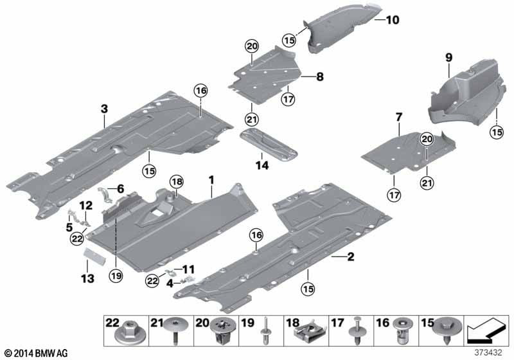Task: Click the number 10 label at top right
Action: pyautogui.click(x=391, y=21)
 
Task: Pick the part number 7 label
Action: pyautogui.click(x=398, y=117)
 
